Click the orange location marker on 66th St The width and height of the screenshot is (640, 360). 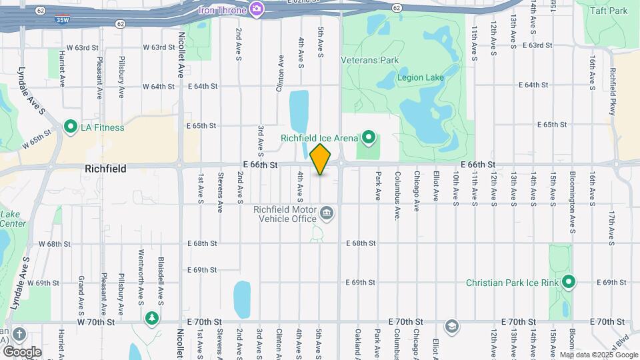pyautogui.click(x=321, y=159)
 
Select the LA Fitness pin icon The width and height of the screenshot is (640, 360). pyautogui.click(x=71, y=126)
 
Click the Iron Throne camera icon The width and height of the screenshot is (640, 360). pyautogui.click(x=257, y=9)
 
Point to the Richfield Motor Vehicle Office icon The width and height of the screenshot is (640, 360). pyautogui.click(x=327, y=213)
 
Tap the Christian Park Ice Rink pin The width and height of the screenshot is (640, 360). pyautogui.click(x=569, y=282)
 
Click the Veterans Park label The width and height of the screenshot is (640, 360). pyautogui.click(x=369, y=60)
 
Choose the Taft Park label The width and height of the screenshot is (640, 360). pyautogui.click(x=609, y=11)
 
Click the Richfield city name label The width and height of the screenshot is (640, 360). pyautogui.click(x=106, y=169)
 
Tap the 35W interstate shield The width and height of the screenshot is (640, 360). pyautogui.click(x=62, y=19)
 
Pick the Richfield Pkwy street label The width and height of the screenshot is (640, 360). pyautogui.click(x=613, y=93)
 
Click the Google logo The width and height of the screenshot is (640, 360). pyautogui.click(x=22, y=351)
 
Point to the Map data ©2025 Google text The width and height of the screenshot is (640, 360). pyautogui.click(x=598, y=355)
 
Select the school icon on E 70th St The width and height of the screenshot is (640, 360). pyautogui.click(x=452, y=326)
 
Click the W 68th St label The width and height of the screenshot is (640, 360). pyautogui.click(x=54, y=243)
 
